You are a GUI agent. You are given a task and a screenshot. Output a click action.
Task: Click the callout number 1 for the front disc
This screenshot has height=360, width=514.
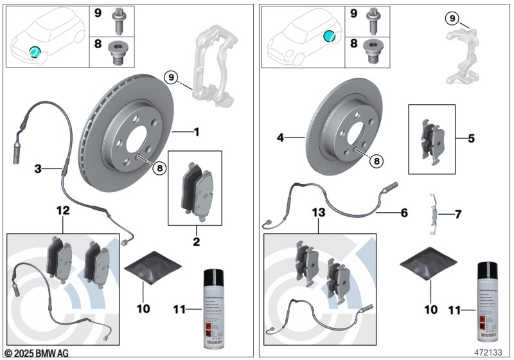coord(197,132)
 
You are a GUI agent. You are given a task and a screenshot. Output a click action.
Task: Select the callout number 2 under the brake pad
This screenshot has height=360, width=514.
coord(197,242)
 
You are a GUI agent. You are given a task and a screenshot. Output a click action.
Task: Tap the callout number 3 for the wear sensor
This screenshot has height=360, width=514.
coord(39,169)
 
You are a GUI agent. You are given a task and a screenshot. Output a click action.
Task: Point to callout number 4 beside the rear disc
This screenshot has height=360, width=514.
coord(281,137)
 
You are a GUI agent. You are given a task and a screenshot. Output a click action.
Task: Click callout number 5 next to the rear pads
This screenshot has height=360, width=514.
coord(472,137)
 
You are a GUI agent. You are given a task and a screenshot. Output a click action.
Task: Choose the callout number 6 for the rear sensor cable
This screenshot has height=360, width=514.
coord(404,212)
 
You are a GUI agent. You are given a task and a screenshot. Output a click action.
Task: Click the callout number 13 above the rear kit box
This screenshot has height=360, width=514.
coord(319,212)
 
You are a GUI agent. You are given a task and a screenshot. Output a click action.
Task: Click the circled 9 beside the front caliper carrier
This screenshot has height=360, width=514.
coord(170,77)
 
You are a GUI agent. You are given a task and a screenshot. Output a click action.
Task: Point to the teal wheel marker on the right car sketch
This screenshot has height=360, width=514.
coord(329,37)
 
